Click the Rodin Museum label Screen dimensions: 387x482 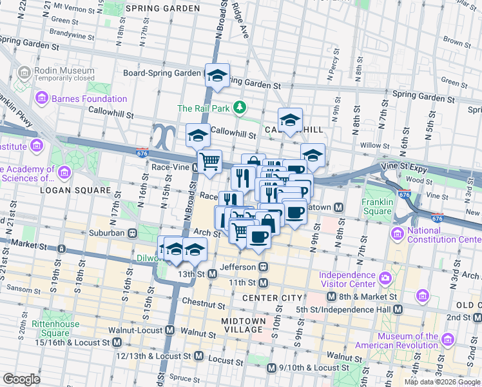pos(66,71)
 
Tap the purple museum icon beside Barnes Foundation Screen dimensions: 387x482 pos(43,99)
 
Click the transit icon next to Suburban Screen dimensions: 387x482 pos(132,233)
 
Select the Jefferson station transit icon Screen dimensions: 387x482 pos(263,266)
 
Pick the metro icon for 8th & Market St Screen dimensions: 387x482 pos(331,297)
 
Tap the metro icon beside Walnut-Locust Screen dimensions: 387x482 pos(170,330)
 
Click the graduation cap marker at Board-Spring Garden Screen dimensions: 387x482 pos(218,75)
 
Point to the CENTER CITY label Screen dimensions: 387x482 pos(272,297)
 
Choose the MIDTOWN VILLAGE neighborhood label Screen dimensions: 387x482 pos(244,326)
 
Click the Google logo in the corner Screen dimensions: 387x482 pos(21,379)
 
